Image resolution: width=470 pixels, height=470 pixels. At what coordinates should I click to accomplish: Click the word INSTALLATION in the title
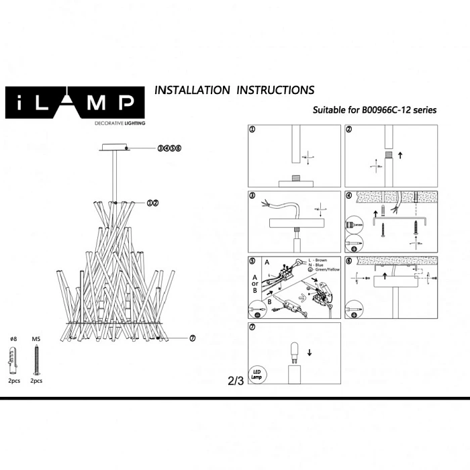pos(192,90)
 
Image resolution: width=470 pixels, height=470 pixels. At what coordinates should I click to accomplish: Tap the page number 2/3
pos(236,381)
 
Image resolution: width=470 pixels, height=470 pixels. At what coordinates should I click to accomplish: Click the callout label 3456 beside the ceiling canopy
pos(170,148)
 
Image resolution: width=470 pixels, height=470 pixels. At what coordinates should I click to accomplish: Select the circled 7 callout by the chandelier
pos(192,338)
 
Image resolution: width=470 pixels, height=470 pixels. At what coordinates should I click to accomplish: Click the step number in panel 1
pos(252,130)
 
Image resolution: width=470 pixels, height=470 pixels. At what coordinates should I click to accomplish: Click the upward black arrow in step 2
pos(400,155)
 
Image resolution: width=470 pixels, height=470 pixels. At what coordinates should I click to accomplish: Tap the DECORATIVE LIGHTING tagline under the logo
pos(120,124)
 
